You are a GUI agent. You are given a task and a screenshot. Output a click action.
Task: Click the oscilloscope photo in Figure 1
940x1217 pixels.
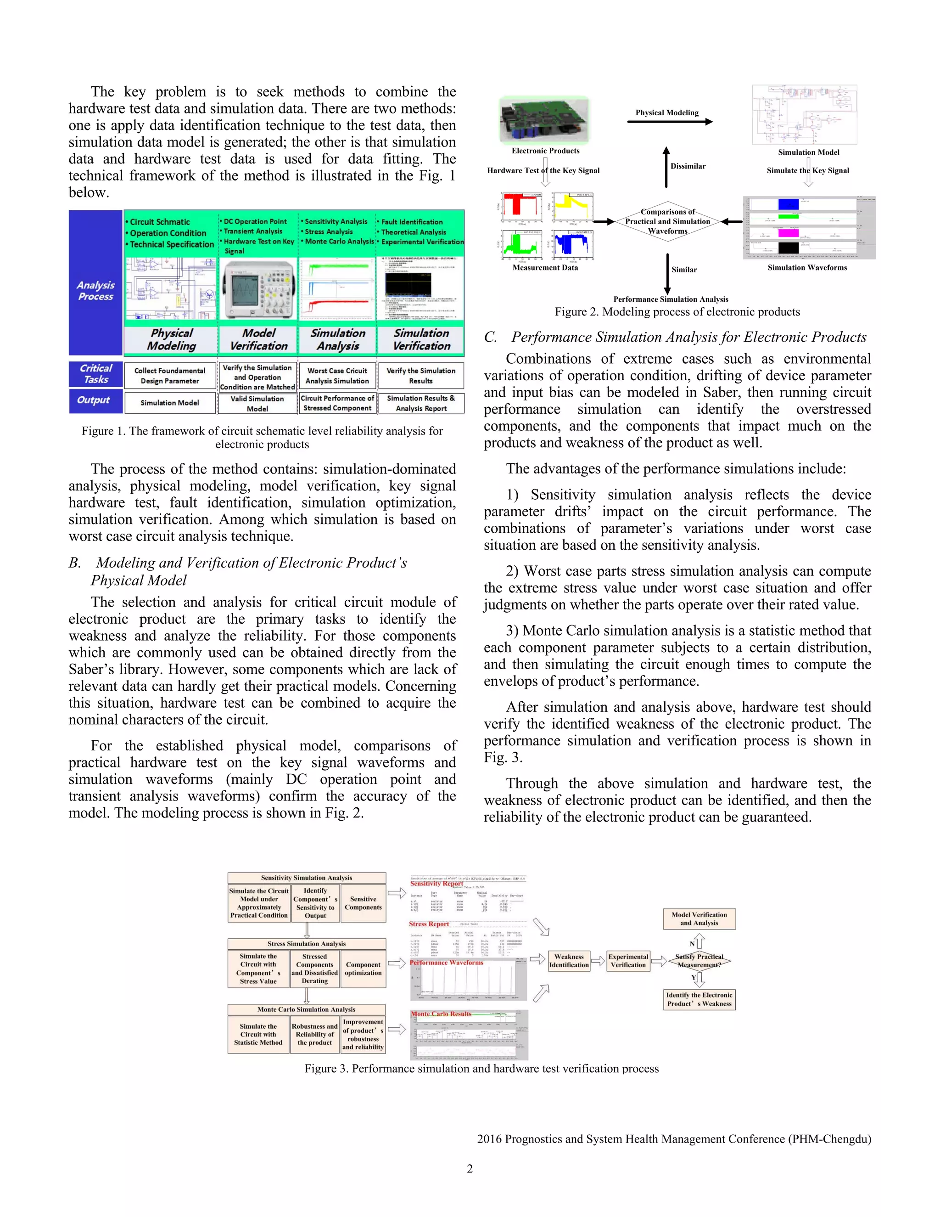pos(258,289)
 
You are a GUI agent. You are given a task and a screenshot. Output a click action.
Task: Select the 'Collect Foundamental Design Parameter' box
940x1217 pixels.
pos(170,376)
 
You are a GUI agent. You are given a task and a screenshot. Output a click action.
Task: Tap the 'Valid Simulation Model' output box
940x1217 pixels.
pos(257,403)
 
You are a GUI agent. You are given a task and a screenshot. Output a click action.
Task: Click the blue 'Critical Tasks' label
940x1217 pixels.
pos(96,374)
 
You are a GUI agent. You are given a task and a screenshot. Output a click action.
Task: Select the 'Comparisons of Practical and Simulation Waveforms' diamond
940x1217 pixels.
pos(667,221)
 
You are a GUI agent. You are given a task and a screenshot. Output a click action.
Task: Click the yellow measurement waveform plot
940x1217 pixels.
pos(572,207)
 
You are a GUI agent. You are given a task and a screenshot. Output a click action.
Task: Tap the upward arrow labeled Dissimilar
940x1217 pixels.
pos(666,167)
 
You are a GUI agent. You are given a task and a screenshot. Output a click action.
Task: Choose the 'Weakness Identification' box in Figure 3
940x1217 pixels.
pos(569,961)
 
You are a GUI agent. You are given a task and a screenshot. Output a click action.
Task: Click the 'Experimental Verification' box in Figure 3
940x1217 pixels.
pos(628,961)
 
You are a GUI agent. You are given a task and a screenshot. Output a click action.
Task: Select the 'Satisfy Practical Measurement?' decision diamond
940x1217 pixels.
pos(699,961)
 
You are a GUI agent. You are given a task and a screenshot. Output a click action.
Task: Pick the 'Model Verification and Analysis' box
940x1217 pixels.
pos(699,919)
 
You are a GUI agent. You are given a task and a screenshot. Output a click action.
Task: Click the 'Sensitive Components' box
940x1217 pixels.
pos(363,903)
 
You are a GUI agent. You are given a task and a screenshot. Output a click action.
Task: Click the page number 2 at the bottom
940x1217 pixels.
pos(470,1168)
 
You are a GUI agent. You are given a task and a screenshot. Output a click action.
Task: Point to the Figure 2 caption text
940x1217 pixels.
pos(677,312)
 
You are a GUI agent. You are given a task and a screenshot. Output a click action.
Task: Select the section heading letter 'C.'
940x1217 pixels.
pos(490,337)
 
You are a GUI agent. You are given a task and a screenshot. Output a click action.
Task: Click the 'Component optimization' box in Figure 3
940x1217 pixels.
pos(363,969)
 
